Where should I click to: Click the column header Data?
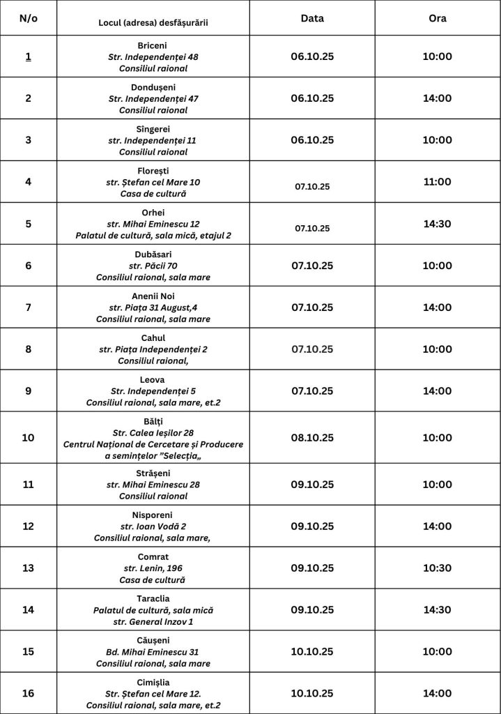pos(311,18)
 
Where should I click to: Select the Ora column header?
pos(437,18)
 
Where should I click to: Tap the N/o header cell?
pos(29,18)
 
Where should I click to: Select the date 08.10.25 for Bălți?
pos(311,438)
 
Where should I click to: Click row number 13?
pos(29,568)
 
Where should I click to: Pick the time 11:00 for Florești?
pos(437,182)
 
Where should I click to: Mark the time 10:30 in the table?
pos(437,568)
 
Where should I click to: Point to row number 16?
pos(29,693)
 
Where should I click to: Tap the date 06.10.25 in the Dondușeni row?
pos(311,98)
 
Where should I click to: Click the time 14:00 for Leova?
pos(437,390)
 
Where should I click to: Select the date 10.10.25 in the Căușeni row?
pos(311,651)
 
